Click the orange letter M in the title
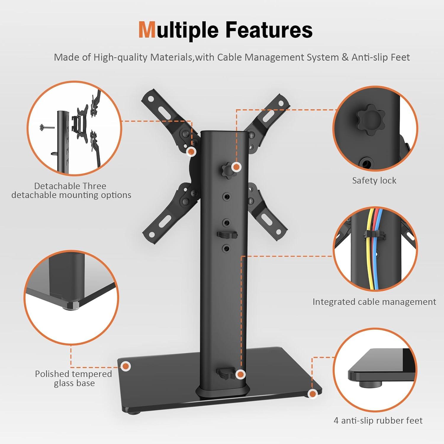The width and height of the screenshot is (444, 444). tap(147, 30)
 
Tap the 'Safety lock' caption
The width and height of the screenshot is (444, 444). tap(374, 181)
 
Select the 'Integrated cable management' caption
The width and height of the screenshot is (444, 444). tap(374, 302)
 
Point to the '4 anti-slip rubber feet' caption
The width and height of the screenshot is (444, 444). tap(378, 421)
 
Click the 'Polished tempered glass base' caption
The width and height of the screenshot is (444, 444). tap(74, 378)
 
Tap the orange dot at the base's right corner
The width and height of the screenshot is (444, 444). tap(312, 394)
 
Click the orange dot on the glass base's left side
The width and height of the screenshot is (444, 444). tap(126, 366)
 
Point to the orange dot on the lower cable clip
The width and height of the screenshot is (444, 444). tap(241, 374)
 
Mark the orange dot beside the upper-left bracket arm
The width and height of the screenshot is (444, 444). tap(192, 152)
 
